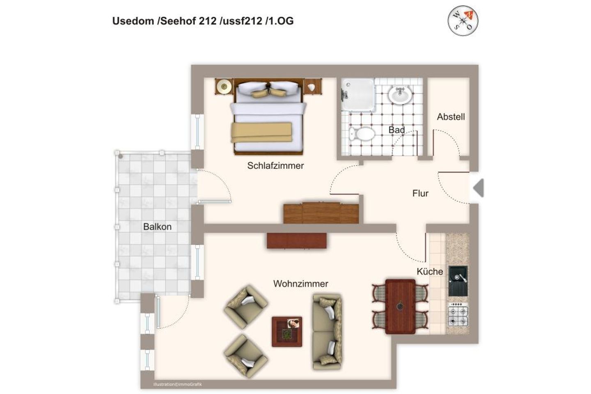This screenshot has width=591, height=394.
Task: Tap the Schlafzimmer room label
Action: (275, 166)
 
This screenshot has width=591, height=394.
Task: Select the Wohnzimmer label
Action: (300, 284)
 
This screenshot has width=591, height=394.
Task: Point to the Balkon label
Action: (157, 227)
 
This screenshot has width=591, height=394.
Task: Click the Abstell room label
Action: (451, 117)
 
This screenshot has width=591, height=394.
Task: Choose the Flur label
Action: (420, 193)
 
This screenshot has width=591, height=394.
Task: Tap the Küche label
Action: (430, 271)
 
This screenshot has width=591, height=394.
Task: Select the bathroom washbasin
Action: (401, 96)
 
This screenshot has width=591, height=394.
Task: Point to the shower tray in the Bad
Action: (358, 95)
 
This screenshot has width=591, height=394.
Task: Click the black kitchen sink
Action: (458, 281)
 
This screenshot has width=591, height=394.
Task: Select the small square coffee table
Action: (287, 331)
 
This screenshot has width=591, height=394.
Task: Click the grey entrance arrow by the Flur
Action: (479, 188)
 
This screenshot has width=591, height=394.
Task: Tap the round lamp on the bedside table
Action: (224, 86)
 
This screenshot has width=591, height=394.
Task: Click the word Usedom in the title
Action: (133, 21)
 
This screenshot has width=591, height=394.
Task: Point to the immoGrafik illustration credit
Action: (177, 385)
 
